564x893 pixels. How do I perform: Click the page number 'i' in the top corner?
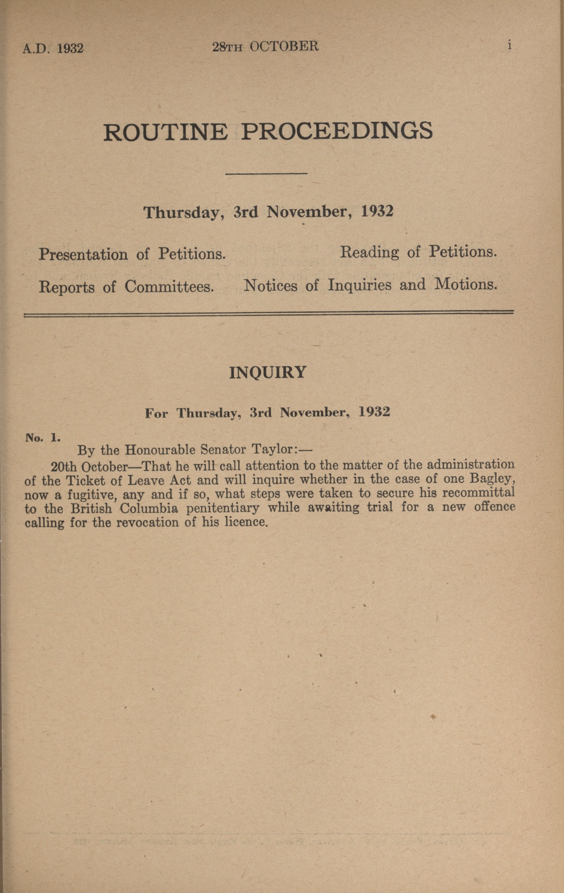coord(510,45)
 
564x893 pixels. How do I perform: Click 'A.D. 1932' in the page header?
coord(53,48)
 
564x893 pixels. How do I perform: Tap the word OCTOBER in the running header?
coord(284,46)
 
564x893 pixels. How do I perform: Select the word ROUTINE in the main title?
coord(165,132)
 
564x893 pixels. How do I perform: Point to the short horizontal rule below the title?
coord(266,174)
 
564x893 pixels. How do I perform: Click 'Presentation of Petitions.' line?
coord(132,255)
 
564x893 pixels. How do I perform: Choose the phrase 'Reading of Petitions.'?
coord(418,252)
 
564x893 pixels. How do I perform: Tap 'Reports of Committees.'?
coord(126,287)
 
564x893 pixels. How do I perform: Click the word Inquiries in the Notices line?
coord(359,285)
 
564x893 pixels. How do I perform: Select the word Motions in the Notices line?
coord(466,284)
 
